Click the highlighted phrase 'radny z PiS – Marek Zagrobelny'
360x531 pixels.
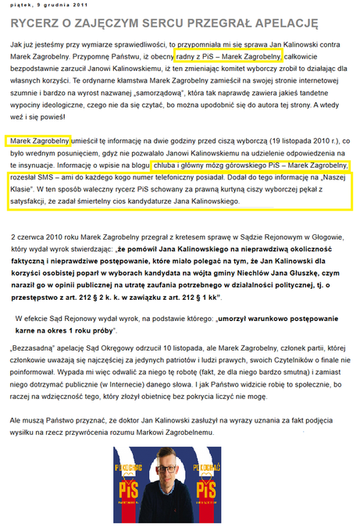pos(226,58)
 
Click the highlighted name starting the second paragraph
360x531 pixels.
pos(38,141)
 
